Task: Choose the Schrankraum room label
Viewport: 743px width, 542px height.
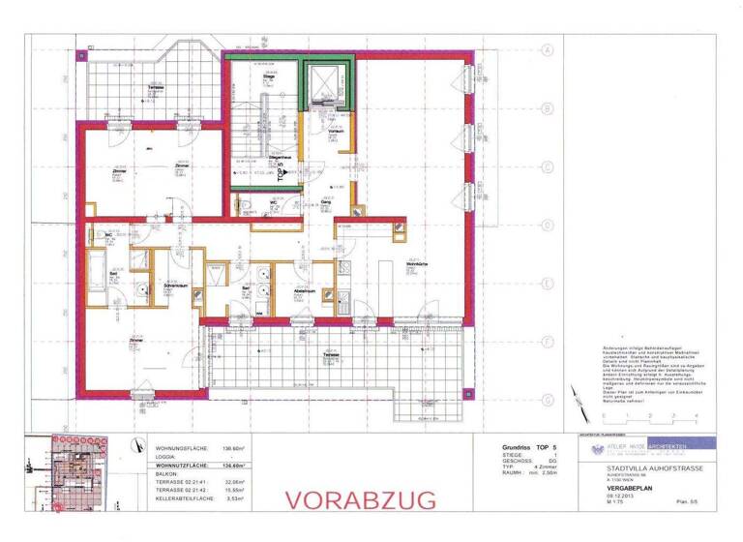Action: click(x=175, y=287)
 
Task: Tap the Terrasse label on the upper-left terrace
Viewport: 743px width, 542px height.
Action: click(x=155, y=88)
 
